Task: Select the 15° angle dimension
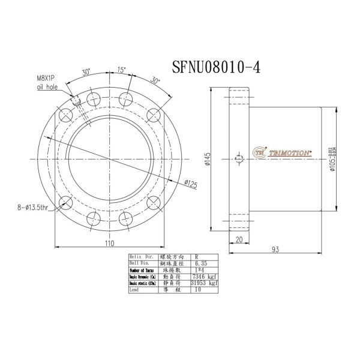[x=122, y=70]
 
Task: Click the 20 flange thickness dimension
[x=239, y=241]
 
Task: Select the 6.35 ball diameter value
[x=200, y=263]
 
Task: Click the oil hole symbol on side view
[x=239, y=159]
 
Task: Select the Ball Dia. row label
[x=139, y=263]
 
